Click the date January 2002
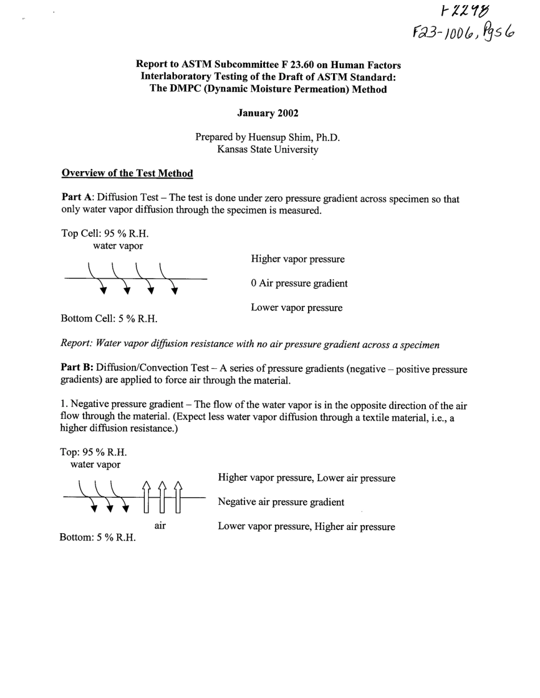coord(267,113)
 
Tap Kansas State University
coord(267,150)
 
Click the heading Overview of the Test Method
coord(127,173)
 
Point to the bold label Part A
coord(77,198)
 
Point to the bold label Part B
coord(77,369)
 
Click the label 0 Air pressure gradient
coord(299,284)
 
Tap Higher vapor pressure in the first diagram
coord(298,259)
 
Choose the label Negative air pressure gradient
coord(281,502)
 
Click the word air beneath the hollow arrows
coord(160,526)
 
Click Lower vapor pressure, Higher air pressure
coord(306,527)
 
